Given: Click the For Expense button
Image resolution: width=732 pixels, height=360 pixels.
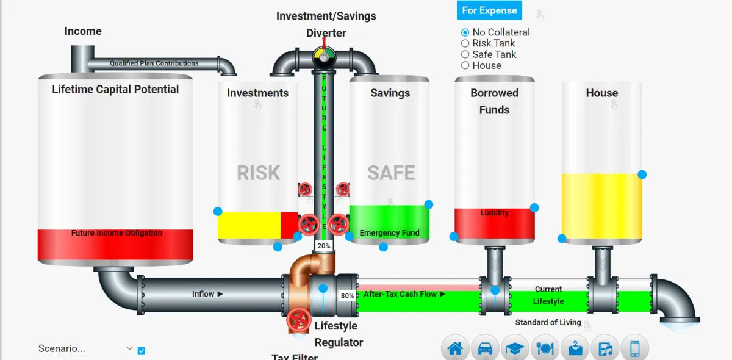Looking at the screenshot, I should (x=489, y=10).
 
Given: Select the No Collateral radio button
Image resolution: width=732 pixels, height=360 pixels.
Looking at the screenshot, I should (x=465, y=32).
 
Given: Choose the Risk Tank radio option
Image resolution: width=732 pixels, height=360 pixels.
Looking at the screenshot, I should (x=465, y=43).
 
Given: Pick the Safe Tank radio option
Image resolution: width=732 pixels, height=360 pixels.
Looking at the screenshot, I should (x=465, y=54).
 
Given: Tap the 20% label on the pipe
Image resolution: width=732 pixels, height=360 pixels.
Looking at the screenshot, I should (x=323, y=246).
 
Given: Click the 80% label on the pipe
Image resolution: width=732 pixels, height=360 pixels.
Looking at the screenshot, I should (x=347, y=295).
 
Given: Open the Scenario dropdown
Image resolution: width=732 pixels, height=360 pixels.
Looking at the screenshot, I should (x=85, y=349).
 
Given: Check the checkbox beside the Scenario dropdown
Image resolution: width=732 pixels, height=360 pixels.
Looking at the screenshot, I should (x=142, y=350).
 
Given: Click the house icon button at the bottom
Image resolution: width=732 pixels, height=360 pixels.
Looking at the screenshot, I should (x=455, y=349).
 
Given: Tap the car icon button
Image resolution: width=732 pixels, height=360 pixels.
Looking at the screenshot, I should (x=485, y=349).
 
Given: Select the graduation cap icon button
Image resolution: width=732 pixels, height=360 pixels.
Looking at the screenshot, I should (x=515, y=349).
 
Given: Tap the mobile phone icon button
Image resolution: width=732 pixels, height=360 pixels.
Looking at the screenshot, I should (x=634, y=349).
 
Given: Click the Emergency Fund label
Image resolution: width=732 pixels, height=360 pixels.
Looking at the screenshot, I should (x=389, y=233).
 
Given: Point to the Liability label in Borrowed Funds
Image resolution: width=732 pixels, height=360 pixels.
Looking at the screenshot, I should (x=494, y=213).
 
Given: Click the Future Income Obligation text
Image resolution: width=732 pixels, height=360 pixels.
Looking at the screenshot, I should (x=117, y=233).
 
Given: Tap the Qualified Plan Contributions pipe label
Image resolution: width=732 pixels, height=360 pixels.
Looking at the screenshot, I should (x=154, y=63).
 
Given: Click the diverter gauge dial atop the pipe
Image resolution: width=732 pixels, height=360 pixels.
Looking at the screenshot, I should (x=324, y=57).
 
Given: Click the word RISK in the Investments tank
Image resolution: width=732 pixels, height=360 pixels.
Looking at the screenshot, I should (x=259, y=173).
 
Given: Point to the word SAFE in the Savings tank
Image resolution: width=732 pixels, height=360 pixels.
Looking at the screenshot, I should (x=391, y=173).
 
